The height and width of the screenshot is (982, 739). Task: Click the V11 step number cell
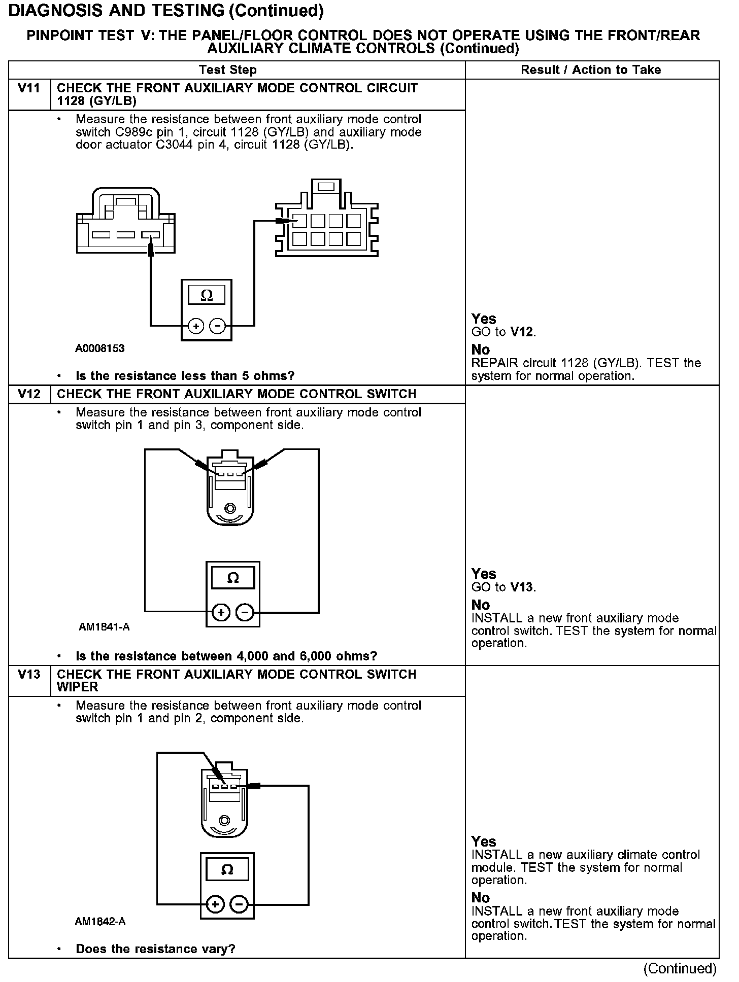pos(29,89)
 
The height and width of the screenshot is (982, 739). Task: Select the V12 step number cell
pos(29,394)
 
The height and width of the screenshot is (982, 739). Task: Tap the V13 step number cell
pos(29,675)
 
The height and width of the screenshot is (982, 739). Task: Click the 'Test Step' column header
pos(228,70)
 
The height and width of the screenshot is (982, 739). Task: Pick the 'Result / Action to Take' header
pos(591,70)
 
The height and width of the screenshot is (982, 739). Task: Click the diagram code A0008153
pos(100,348)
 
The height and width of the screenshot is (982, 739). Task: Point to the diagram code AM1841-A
pos(104,627)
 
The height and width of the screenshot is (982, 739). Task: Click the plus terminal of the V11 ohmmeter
pos(196,326)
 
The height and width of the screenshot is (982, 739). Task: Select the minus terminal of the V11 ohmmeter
pos(217,326)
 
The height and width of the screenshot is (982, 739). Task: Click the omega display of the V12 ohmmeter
pos(233,578)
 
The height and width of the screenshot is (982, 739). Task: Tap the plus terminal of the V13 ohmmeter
pos(215,904)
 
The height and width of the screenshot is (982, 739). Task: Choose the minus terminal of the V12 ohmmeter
pos(245,613)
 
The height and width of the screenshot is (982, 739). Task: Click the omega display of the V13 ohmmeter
pos(227,870)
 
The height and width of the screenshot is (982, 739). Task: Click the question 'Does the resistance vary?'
pos(155,949)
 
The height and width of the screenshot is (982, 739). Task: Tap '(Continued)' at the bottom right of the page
pos(680,969)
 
